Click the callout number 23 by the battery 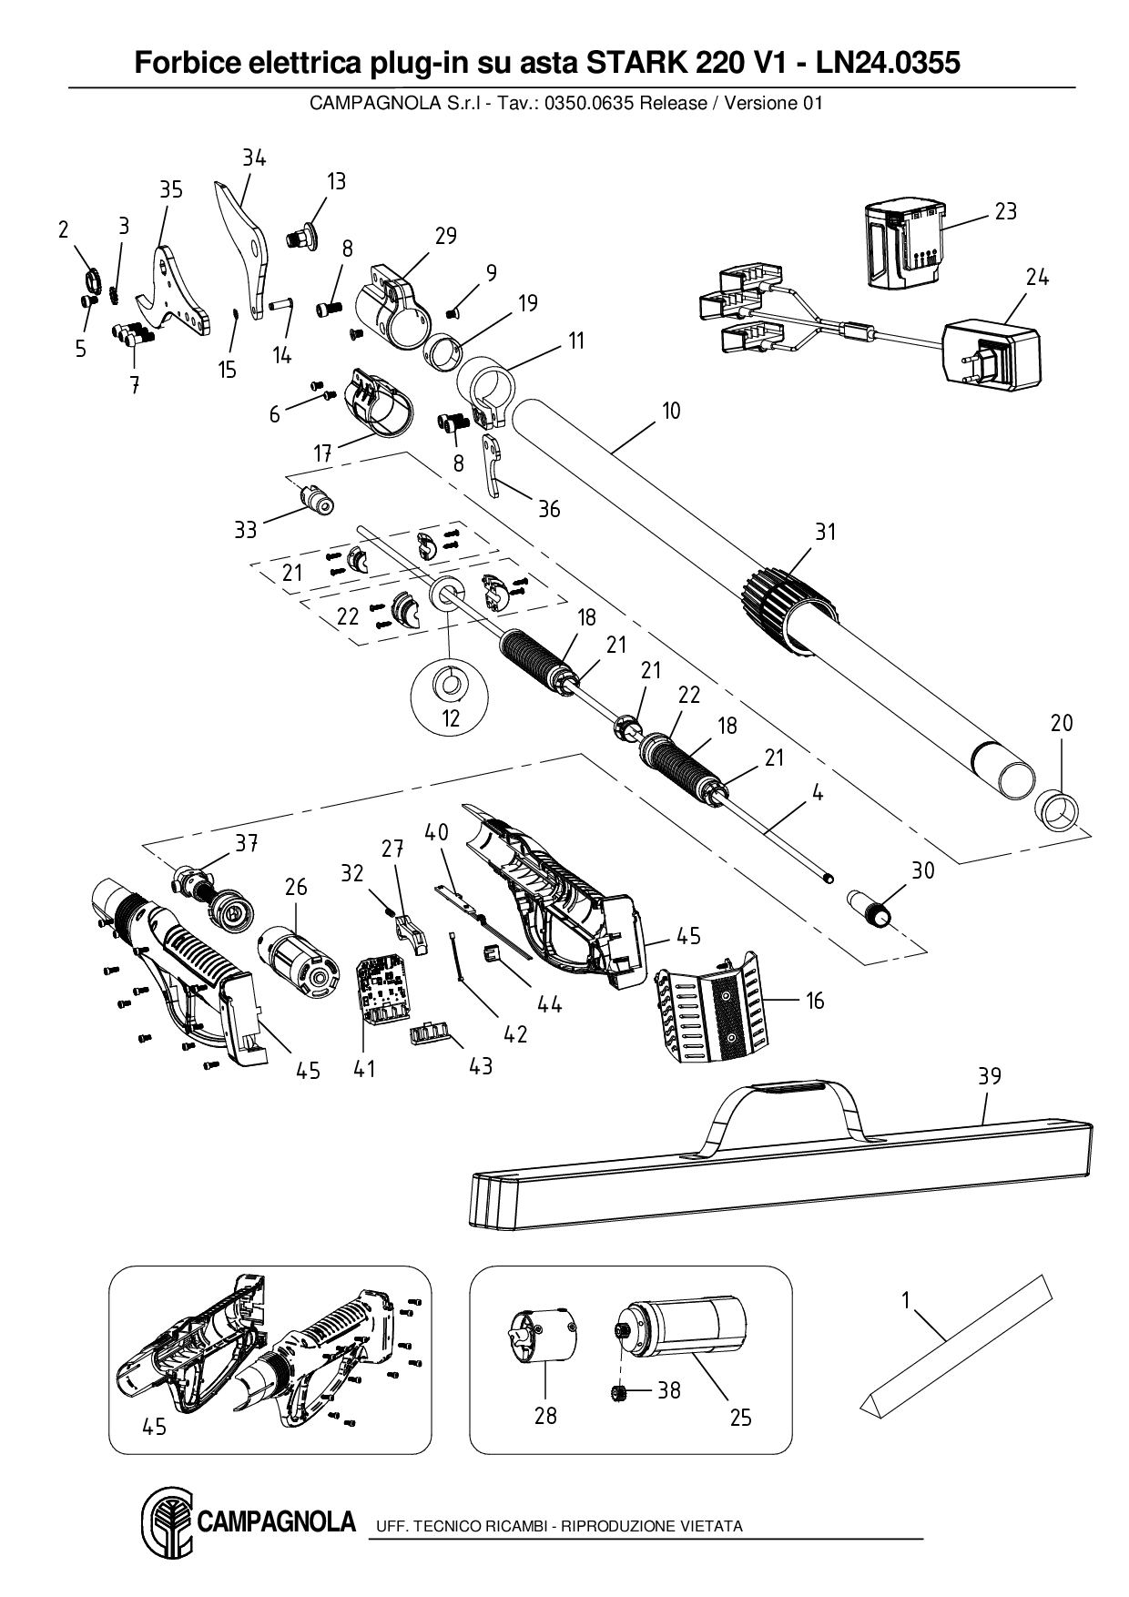click(x=1005, y=211)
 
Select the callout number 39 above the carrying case click(x=989, y=1076)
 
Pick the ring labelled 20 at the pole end click(x=1058, y=810)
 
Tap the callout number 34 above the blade click(x=254, y=158)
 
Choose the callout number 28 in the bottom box click(x=545, y=1415)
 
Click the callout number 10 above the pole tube click(x=671, y=411)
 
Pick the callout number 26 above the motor click(x=296, y=887)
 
